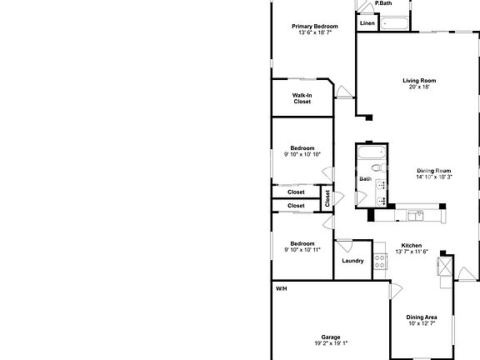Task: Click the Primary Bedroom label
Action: (x=314, y=27)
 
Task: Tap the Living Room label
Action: (x=419, y=81)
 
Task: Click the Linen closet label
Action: (x=367, y=23)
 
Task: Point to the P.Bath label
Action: (x=384, y=4)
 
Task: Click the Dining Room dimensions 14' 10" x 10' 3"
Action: (x=433, y=177)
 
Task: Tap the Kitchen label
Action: (x=410, y=246)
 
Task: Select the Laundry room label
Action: (x=352, y=261)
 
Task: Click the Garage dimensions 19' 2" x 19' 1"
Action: (x=331, y=343)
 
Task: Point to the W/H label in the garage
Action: (x=282, y=288)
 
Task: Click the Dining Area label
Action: (x=421, y=317)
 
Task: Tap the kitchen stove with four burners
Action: (x=380, y=261)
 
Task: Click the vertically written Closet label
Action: (x=327, y=198)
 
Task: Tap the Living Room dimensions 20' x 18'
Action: (x=419, y=87)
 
